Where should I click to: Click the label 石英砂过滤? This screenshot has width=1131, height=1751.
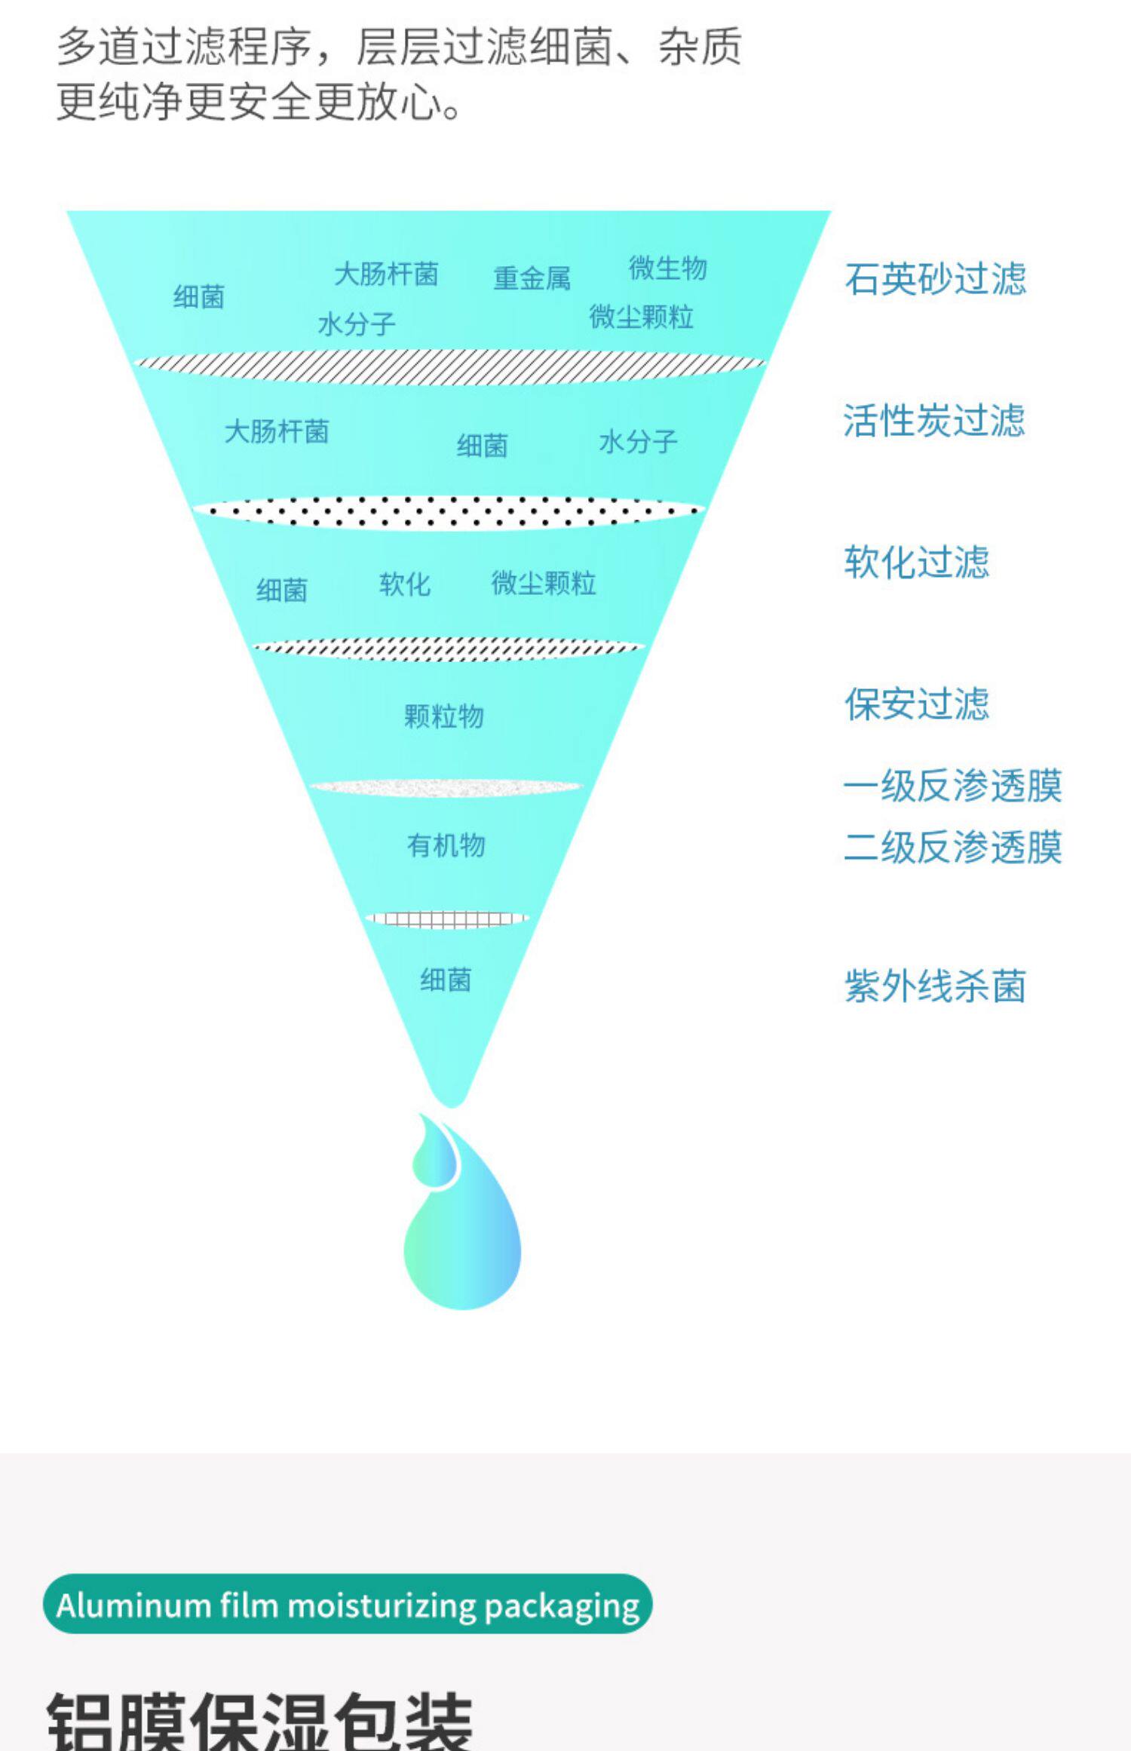[935, 279]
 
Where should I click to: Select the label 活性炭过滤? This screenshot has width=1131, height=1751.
[933, 420]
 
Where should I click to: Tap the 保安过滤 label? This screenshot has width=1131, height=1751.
[916, 704]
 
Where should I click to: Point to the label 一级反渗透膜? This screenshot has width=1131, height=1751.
[952, 786]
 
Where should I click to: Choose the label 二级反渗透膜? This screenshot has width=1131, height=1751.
[952, 847]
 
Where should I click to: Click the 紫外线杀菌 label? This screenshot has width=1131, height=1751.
[935, 986]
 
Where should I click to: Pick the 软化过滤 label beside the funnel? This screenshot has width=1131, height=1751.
[916, 563]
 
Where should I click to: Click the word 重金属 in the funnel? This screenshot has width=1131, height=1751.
[532, 278]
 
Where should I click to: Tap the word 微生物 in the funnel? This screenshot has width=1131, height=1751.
[668, 268]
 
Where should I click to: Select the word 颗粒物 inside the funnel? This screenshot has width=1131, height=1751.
[444, 716]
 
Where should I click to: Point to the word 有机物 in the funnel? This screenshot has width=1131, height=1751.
[446, 845]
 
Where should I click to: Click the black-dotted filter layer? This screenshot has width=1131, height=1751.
[449, 513]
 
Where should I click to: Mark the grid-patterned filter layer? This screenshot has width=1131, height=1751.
[447, 918]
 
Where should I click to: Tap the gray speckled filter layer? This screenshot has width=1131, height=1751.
[446, 788]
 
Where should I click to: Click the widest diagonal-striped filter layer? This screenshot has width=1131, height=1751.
[449, 367]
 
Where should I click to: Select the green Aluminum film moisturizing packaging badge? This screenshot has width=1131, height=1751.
[348, 1605]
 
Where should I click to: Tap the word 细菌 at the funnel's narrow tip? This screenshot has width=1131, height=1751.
[446, 980]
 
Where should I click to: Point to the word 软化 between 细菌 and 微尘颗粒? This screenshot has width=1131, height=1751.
[405, 584]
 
